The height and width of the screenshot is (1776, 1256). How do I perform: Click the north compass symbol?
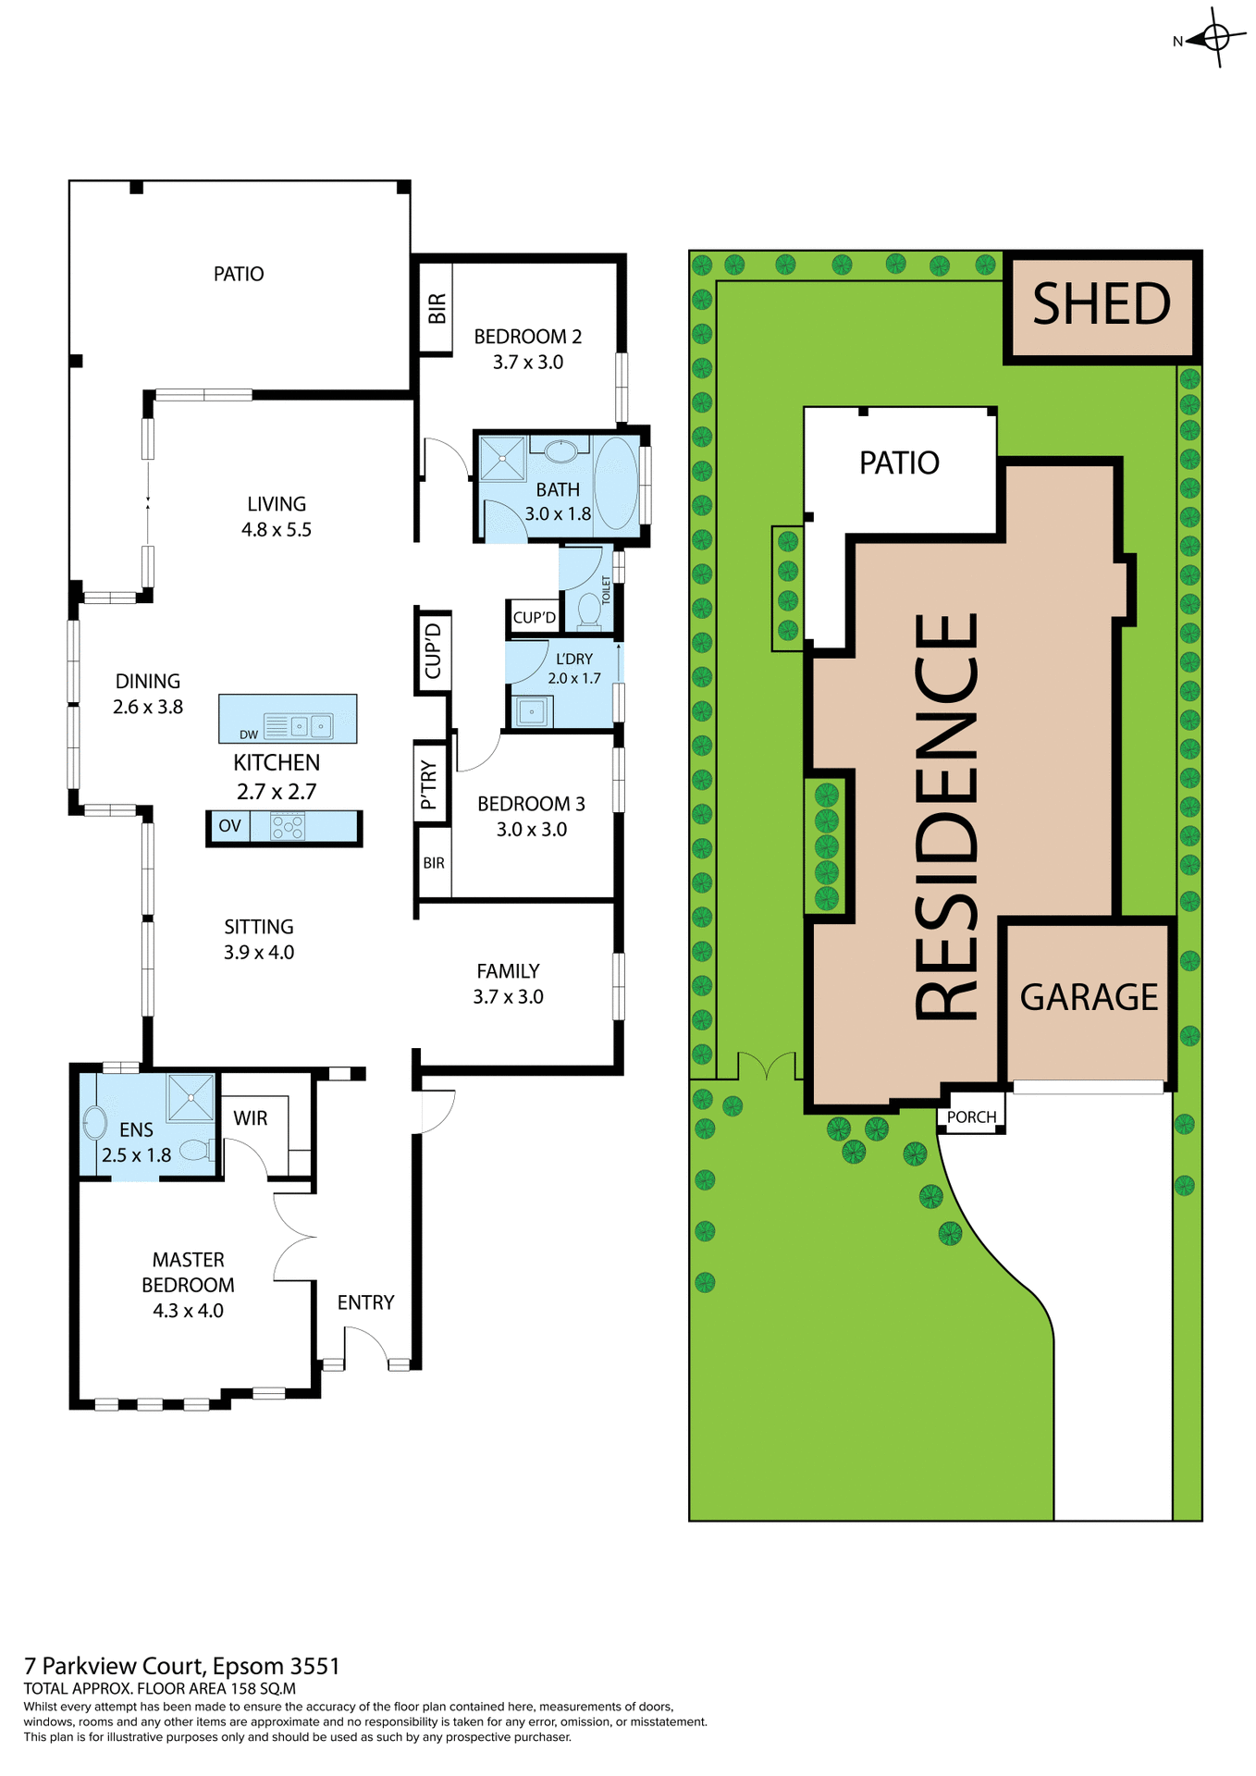click(x=1215, y=38)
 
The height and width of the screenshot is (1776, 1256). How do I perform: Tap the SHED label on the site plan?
click(x=1102, y=304)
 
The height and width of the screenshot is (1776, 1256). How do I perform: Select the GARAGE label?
click(x=1089, y=997)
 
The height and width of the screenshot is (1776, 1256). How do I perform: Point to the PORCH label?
click(x=971, y=1116)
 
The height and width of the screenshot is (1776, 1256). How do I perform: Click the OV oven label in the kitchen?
click(x=229, y=825)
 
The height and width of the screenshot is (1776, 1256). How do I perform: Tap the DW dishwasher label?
click(x=249, y=734)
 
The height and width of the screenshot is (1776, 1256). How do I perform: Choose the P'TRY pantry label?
click(x=429, y=784)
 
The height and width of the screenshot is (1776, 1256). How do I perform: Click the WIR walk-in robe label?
click(x=251, y=1117)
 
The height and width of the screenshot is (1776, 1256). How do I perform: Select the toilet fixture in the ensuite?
click(x=195, y=1150)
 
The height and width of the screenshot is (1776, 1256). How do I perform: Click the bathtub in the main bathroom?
click(x=616, y=483)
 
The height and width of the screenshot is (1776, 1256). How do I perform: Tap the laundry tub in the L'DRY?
click(x=532, y=712)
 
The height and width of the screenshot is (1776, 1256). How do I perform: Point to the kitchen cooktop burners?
click(x=288, y=825)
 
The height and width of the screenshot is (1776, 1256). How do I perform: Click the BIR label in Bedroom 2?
click(x=437, y=308)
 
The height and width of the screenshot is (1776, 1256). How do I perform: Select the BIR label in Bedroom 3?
click(x=434, y=863)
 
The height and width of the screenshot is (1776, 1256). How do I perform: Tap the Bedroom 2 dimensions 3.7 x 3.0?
click(x=528, y=362)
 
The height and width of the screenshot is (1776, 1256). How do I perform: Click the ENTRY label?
click(x=365, y=1302)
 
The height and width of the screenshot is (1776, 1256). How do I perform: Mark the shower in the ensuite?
click(x=191, y=1097)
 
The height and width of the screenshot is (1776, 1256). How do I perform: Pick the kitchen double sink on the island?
click(x=311, y=726)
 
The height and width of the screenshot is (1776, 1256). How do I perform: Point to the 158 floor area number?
click(x=242, y=1688)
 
